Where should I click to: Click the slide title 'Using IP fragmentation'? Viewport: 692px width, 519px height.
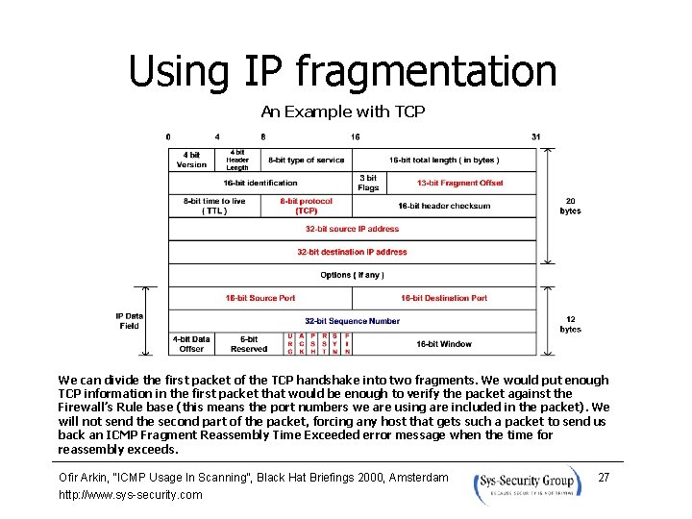coord(342,71)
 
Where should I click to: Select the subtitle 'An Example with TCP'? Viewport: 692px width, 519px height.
coord(342,111)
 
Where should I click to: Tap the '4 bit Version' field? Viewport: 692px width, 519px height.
coord(191,160)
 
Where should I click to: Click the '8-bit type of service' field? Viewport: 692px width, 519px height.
coord(306,160)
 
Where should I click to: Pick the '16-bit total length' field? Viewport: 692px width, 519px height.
coord(444,160)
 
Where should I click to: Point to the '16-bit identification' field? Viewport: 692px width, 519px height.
coord(260,183)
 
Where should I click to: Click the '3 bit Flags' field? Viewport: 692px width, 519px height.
coord(368,183)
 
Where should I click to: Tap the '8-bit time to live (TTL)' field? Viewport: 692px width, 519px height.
coord(214,206)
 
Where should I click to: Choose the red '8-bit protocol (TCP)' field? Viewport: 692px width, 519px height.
coord(307,206)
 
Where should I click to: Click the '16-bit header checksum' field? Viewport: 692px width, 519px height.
coord(444,206)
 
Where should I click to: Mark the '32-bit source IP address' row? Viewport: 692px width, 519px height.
coord(352,229)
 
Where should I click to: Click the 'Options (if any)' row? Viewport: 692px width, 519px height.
coord(352,275)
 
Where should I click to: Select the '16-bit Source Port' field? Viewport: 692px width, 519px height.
coord(260,298)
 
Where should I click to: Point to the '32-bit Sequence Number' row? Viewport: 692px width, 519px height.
coord(352,321)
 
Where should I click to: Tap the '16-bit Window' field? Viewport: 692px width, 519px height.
coord(444,343)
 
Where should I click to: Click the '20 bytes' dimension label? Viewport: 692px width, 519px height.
coord(571,207)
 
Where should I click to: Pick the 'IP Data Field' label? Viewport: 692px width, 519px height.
coord(129,321)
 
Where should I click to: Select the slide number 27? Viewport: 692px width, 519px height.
coord(604,478)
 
